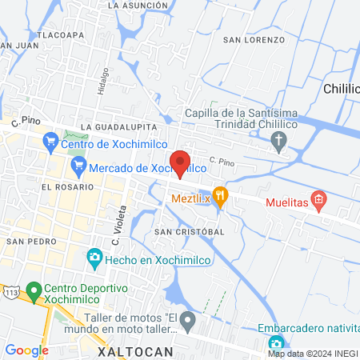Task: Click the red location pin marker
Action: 181,163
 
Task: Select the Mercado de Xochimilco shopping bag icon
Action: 78,167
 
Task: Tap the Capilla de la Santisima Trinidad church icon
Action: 278,143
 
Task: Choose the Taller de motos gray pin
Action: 187,322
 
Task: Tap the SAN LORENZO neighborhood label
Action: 254,39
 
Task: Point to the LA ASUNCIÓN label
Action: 138,5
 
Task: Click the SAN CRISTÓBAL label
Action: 189,231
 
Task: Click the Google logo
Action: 26,350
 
